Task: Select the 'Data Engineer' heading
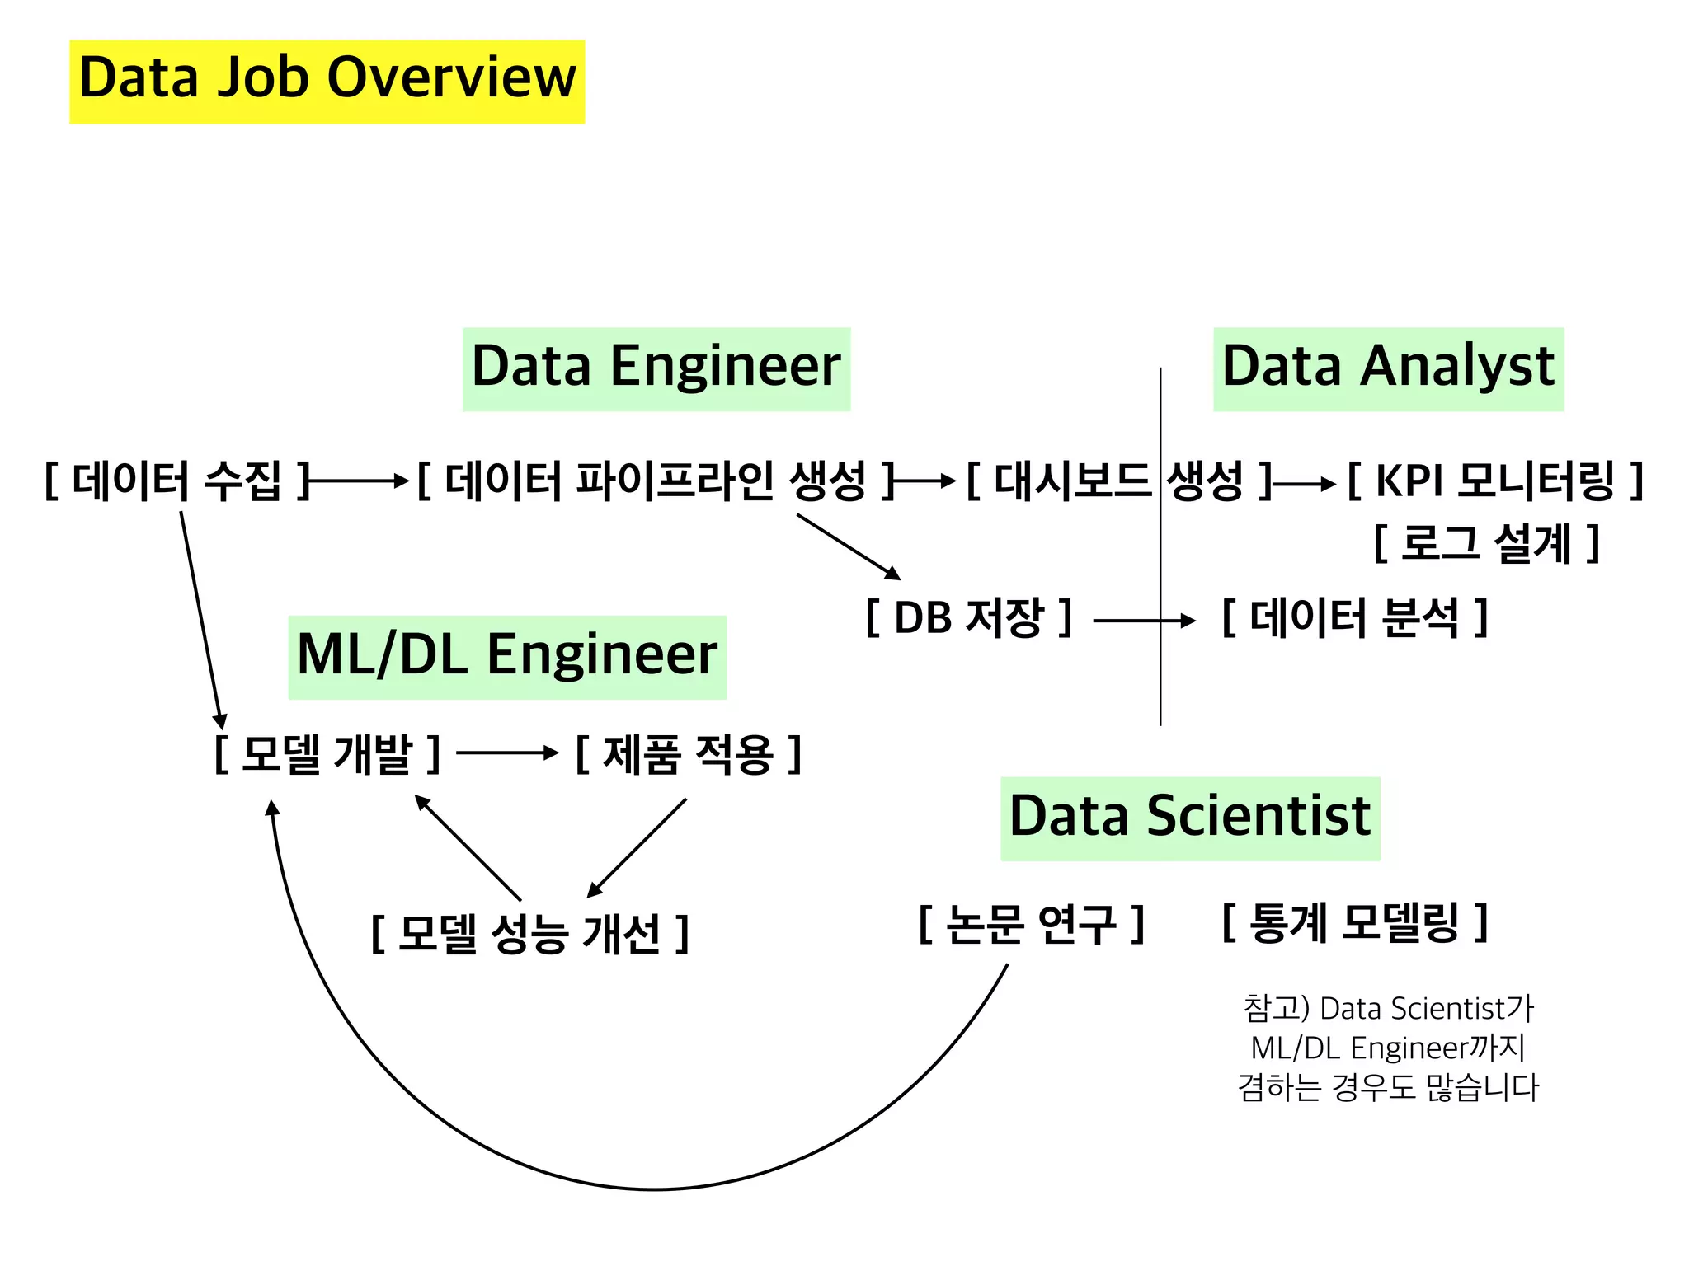click(x=656, y=368)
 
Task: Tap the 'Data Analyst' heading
click(x=1388, y=368)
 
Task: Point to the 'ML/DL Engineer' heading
click(x=506, y=656)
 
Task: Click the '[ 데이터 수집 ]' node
click(x=176, y=481)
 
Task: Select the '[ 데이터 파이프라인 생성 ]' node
click(x=656, y=481)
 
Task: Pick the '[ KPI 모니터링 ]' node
click(x=1494, y=481)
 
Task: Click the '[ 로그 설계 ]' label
click(x=1486, y=543)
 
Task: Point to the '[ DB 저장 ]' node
click(x=968, y=617)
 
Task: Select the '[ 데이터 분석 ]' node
click(x=1354, y=617)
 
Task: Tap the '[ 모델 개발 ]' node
click(x=327, y=753)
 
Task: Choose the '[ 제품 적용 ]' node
click(x=688, y=753)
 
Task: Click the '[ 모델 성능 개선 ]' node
click(x=529, y=934)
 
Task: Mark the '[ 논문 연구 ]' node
click(x=1031, y=924)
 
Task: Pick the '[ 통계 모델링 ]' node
click(x=1354, y=922)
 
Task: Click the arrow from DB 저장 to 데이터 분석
click(x=1143, y=621)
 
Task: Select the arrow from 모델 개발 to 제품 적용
click(x=506, y=753)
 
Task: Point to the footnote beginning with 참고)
click(x=1387, y=1048)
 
